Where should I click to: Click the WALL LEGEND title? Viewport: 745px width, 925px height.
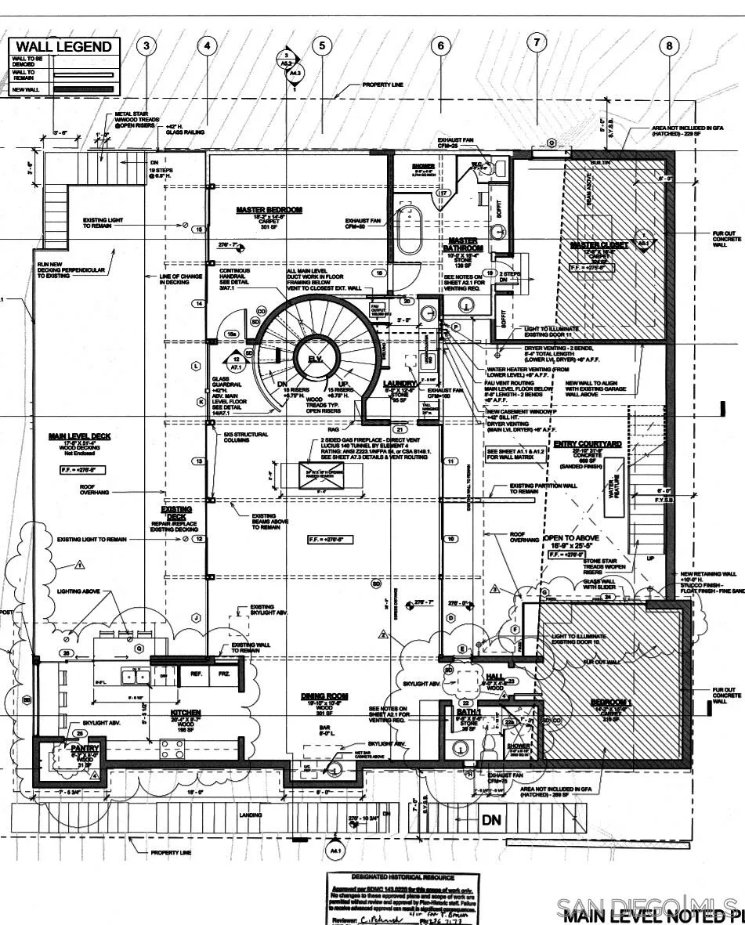(63, 47)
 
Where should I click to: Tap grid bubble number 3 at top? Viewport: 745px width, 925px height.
(146, 45)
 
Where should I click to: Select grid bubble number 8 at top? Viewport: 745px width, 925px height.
(669, 46)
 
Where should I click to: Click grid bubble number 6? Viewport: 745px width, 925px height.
(440, 46)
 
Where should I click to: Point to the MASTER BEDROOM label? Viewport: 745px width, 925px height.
(269, 210)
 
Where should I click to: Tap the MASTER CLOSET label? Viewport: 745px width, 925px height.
(599, 245)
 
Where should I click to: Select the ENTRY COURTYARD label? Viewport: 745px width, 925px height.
(588, 444)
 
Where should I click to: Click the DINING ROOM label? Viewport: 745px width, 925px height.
(324, 696)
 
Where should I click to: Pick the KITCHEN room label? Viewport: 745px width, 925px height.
(186, 713)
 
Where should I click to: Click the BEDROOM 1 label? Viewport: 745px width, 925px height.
(612, 702)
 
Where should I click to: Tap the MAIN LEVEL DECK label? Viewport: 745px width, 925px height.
(79, 436)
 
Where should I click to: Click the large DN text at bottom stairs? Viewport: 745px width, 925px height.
(491, 820)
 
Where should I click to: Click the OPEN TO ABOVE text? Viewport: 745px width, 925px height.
(576, 538)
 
